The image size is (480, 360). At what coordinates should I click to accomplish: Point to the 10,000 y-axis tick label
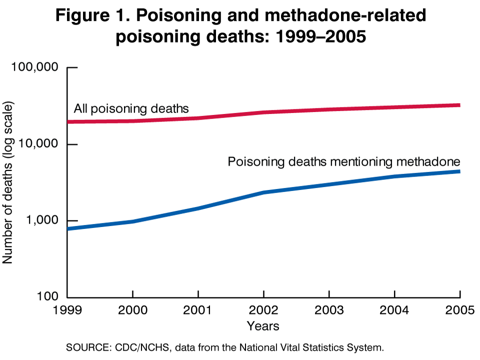(38, 144)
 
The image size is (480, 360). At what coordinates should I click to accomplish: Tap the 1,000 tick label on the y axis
(42, 220)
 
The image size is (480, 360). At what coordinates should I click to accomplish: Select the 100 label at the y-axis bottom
(49, 297)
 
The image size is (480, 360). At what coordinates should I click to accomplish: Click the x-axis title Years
(263, 326)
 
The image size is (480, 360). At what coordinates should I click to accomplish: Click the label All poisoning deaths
(131, 108)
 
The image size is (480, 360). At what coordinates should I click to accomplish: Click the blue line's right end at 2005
(459, 171)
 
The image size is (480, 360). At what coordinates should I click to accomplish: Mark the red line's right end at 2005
(459, 105)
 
